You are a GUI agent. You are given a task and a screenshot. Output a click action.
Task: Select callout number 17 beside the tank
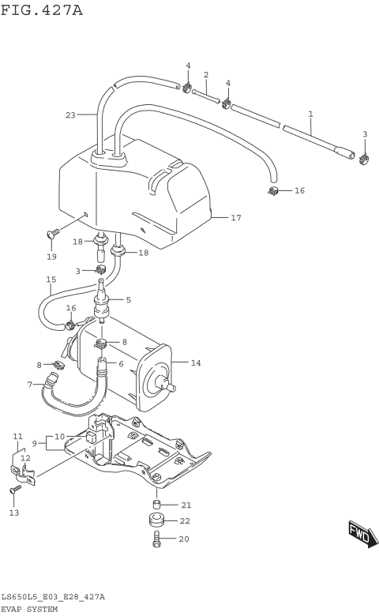coord(235,217)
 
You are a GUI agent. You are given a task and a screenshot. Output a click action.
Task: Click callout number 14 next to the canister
coord(197,363)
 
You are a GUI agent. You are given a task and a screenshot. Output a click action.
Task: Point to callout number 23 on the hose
coord(69,115)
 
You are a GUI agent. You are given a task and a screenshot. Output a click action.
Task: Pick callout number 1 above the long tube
coord(310,115)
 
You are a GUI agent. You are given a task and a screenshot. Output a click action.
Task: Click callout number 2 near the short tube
coord(206,75)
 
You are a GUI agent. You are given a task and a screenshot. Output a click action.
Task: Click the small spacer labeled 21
coord(158,505)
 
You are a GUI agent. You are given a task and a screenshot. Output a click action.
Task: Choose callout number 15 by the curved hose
coord(51,280)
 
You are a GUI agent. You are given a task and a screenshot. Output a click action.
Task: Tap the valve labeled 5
coord(101,306)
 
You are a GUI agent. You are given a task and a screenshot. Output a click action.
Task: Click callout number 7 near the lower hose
coord(29,385)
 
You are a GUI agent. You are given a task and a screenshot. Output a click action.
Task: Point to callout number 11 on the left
coord(17,436)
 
